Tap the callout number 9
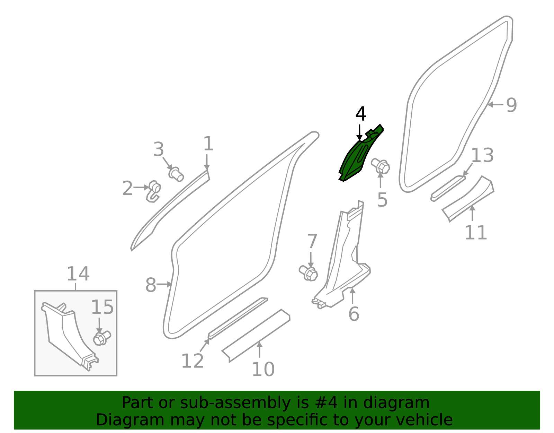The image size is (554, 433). [x=511, y=105]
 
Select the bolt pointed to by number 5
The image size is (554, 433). [x=381, y=166]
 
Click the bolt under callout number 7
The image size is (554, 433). [x=309, y=274]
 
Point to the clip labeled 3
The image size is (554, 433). [x=176, y=174]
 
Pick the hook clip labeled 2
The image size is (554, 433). [x=153, y=191]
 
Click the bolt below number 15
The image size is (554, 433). [x=102, y=338]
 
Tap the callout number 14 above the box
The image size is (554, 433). [x=78, y=274]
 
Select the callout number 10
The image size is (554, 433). [x=263, y=369]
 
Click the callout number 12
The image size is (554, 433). [x=192, y=361]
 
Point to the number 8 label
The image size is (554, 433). [x=151, y=285]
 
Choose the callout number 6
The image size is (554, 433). [x=354, y=314]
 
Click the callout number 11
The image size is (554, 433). [x=476, y=233]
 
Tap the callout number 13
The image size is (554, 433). [x=482, y=155]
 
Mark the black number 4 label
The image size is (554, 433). [x=361, y=114]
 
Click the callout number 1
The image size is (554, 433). [x=208, y=144]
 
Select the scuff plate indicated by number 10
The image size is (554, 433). [x=256, y=336]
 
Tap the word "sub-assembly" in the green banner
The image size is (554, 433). [x=235, y=403]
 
